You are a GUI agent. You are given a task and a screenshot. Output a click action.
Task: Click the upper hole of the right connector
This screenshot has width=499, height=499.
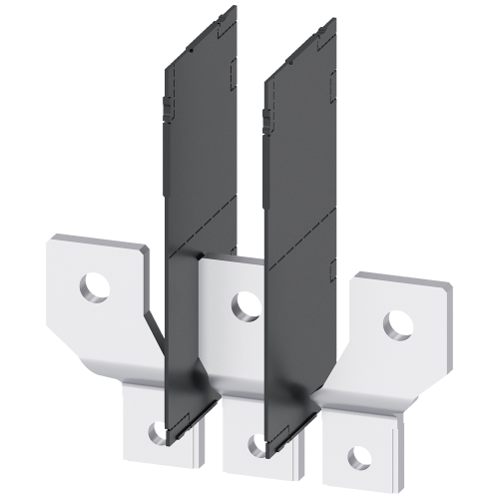(398, 322)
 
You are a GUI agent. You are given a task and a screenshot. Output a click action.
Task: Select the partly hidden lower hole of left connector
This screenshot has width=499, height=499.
(157, 430)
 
